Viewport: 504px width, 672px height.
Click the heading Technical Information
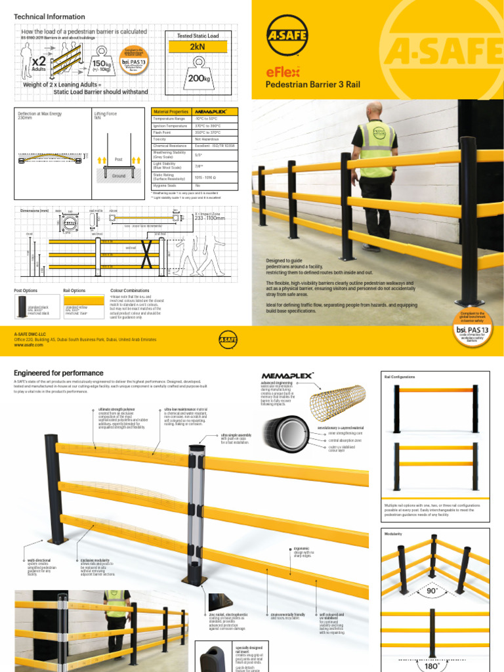click(49, 16)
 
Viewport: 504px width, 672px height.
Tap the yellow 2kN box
click(198, 47)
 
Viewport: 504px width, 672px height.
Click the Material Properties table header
click(170, 112)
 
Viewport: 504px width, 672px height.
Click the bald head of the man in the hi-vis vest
click(375, 110)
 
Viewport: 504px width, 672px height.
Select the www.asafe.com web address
click(28, 345)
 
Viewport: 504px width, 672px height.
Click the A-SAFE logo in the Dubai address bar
click(226, 339)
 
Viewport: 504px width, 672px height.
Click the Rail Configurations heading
click(400, 377)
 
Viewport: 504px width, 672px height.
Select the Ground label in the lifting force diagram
click(118, 176)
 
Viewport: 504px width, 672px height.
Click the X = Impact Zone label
click(207, 214)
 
